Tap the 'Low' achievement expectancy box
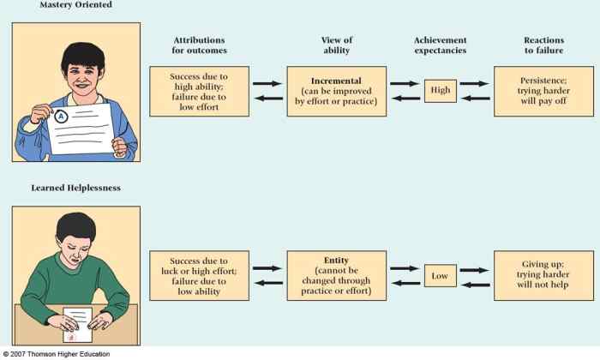[441, 275]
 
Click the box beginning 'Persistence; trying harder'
[543, 91]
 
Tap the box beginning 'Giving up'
[543, 275]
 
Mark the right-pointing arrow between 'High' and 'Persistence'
[476, 84]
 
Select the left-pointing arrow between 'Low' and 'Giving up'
[476, 284]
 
